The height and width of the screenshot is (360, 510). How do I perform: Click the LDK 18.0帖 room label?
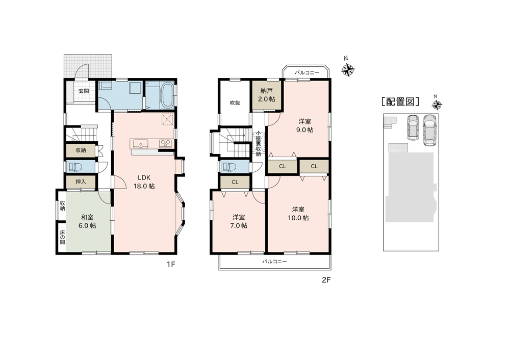point(144,182)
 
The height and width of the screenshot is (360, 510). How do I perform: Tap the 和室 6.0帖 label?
point(88,221)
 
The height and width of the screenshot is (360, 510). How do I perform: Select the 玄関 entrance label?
point(84,91)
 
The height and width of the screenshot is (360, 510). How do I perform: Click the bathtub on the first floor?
point(167,96)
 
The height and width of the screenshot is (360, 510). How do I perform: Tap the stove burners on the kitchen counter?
point(166,143)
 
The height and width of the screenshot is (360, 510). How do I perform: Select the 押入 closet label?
point(81,182)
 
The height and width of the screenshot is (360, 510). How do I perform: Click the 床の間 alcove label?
point(62,237)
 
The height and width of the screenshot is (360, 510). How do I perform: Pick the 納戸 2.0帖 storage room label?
point(266,95)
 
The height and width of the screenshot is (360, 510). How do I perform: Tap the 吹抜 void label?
point(235,103)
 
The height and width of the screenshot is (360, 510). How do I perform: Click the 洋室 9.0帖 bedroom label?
point(304,125)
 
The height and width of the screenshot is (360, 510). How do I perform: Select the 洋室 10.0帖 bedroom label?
point(298,214)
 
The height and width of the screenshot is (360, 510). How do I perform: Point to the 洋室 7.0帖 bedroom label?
point(239,221)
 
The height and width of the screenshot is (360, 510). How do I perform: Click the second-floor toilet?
point(229,167)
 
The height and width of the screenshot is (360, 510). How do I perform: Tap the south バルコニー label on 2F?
point(274,262)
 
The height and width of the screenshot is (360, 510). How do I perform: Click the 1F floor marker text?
point(171,264)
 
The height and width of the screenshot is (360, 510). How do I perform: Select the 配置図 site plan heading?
point(400,102)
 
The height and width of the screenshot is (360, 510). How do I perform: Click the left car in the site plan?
point(413,127)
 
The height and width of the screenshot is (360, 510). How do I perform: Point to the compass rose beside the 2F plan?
point(347,70)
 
